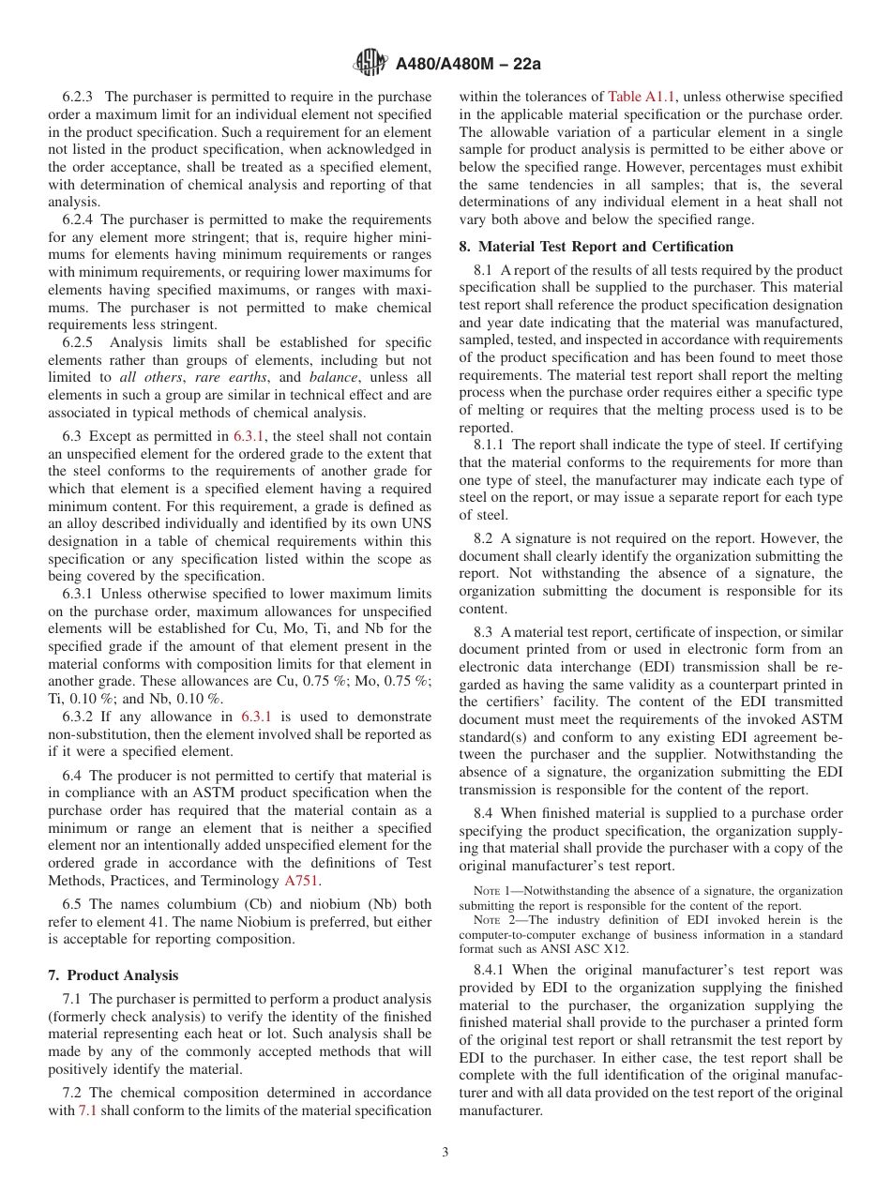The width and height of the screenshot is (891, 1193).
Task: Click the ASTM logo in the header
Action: [x=370, y=64]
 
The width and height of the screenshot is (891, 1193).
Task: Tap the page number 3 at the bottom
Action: [x=445, y=1152]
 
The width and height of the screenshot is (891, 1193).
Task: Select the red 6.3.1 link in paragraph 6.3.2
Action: [x=256, y=717]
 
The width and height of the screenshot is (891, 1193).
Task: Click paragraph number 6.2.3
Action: [x=80, y=97]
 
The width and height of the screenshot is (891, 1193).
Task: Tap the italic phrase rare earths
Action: [x=221, y=377]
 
